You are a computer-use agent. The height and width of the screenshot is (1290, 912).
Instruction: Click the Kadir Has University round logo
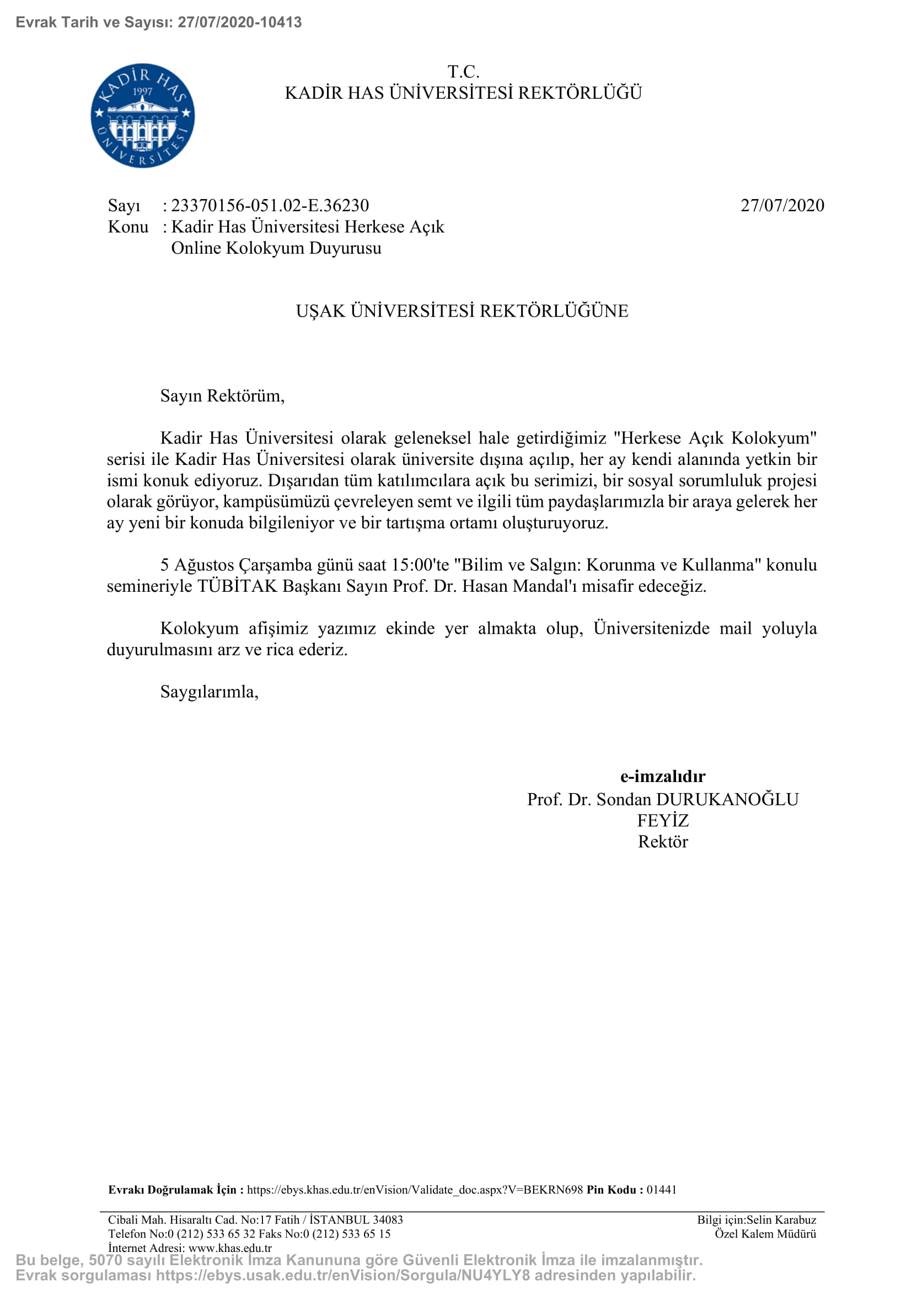click(x=143, y=115)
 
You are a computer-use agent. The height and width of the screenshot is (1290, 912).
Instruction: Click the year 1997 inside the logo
click(x=143, y=92)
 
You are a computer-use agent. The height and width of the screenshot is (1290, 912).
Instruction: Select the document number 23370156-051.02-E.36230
click(x=270, y=206)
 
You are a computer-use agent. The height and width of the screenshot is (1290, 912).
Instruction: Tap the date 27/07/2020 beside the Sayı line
click(x=782, y=206)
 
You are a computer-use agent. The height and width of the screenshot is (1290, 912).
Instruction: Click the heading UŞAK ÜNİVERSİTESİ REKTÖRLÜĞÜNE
click(x=462, y=311)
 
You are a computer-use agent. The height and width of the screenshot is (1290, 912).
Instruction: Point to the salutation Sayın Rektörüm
click(x=222, y=396)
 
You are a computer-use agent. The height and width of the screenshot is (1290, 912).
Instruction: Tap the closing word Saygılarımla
click(x=209, y=692)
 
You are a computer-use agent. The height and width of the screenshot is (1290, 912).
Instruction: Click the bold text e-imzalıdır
click(x=663, y=777)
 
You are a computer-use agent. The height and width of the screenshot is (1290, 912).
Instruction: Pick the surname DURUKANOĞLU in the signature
click(x=727, y=800)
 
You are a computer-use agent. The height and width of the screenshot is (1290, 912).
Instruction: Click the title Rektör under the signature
click(x=663, y=842)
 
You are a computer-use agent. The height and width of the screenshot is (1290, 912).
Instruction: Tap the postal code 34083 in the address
click(x=388, y=1220)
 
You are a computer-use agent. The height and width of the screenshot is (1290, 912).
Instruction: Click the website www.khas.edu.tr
click(x=230, y=1248)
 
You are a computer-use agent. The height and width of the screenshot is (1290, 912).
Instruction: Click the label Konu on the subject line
click(x=128, y=227)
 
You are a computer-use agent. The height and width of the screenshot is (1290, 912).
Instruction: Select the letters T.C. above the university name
click(x=463, y=72)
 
